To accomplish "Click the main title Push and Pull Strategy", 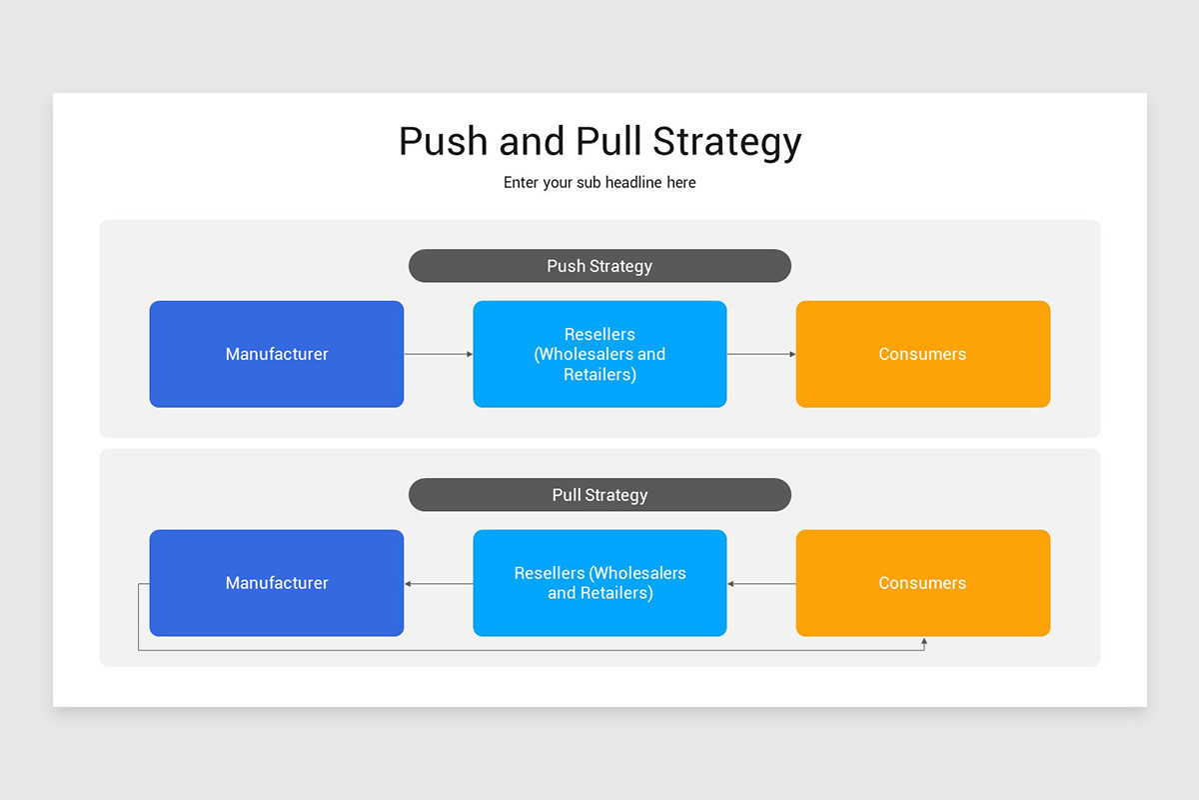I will [599, 141].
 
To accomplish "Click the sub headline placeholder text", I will [599, 183].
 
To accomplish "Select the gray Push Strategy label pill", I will [599, 266].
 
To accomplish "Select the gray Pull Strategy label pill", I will [599, 495].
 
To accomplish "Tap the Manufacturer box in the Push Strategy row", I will [277, 354].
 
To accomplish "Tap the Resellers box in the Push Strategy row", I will [599, 354].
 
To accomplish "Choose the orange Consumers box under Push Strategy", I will [922, 354].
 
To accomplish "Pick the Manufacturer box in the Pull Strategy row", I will [277, 583].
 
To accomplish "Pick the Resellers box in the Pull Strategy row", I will [599, 583].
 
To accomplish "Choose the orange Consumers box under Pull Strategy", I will [922, 583].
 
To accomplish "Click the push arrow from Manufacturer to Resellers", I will [438, 354].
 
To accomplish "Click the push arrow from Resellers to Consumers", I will [761, 354].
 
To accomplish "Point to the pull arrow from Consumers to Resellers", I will [761, 583].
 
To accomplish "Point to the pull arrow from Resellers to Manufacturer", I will [438, 583].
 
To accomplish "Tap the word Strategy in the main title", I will [727, 141].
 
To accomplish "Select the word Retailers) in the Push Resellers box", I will [599, 375].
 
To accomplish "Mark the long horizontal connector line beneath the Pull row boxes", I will [530, 651].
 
